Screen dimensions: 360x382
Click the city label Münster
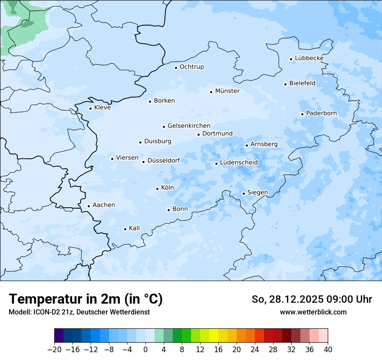pyautogui.click(x=227, y=91)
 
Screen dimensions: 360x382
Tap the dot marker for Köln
pyautogui.click(x=157, y=189)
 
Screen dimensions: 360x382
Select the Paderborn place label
pyautogui.click(x=321, y=113)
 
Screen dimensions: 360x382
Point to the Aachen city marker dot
pyautogui.click(x=89, y=206)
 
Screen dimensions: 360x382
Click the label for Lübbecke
pyautogui.click(x=309, y=58)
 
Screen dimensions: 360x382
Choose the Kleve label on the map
pyautogui.click(x=102, y=108)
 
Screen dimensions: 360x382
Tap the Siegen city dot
pyautogui.click(x=244, y=194)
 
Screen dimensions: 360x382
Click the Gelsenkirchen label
pyautogui.click(x=189, y=126)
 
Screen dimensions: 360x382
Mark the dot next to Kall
pyautogui.click(x=125, y=229)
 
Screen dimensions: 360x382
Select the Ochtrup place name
pyautogui.click(x=191, y=67)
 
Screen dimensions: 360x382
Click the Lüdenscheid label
pyautogui.click(x=239, y=163)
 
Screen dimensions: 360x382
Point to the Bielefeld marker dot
pyautogui.click(x=285, y=84)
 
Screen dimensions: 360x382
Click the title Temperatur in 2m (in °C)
pyautogui.click(x=86, y=299)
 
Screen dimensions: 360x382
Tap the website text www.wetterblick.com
pyautogui.click(x=313, y=312)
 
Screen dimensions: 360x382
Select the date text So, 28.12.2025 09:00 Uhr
pyautogui.click(x=312, y=299)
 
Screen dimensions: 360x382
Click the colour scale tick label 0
pyautogui.click(x=145, y=350)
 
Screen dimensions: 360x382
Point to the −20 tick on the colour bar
pyautogui.click(x=54, y=350)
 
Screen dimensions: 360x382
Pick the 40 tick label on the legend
pyautogui.click(x=328, y=350)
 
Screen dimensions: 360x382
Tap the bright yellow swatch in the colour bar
pyautogui.click(x=214, y=336)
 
